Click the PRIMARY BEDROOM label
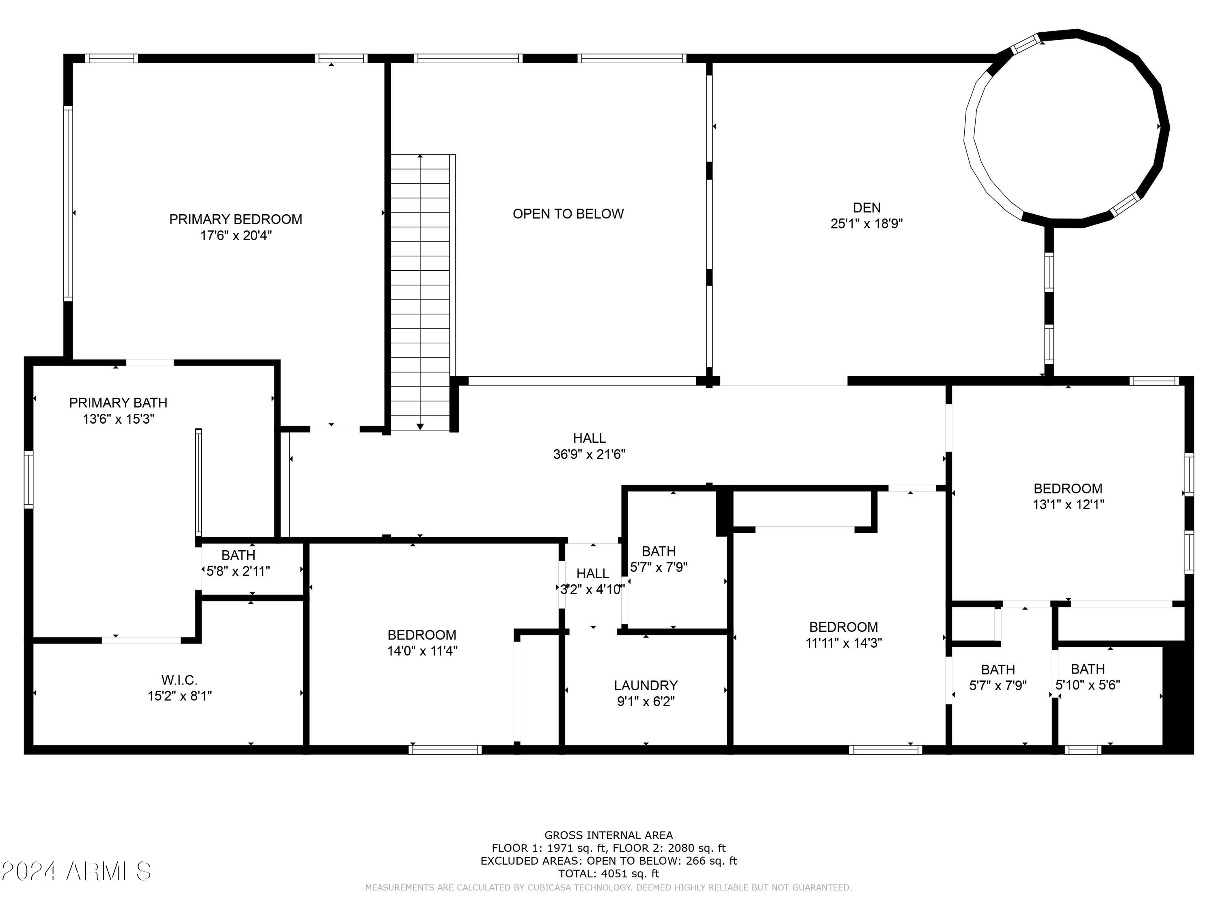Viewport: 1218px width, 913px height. click(235, 219)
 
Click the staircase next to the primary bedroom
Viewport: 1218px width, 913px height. click(420, 292)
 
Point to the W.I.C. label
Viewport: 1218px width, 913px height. click(179, 680)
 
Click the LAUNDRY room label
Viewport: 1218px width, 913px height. click(646, 685)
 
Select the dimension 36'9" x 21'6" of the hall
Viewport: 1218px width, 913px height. click(589, 454)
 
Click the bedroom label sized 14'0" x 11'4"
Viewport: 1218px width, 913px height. click(422, 635)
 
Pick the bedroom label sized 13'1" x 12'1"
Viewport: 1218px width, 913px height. click(1068, 489)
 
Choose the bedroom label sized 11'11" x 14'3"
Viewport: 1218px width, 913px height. click(844, 627)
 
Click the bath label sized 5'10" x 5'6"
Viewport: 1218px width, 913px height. click(1088, 669)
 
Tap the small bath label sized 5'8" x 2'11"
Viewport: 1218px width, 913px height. click(238, 555)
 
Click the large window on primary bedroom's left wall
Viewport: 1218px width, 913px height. click(68, 204)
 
